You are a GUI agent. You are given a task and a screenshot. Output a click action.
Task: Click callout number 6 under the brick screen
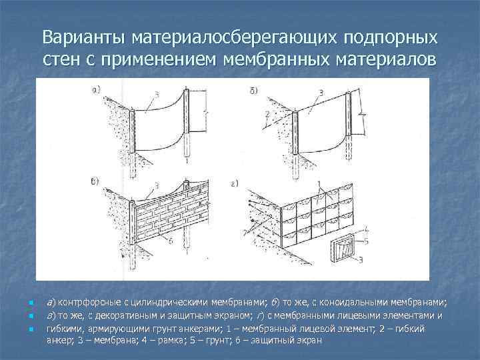[172, 241]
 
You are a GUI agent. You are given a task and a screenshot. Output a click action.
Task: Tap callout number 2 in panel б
[265, 115]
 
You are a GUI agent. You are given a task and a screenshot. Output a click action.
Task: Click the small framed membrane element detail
[344, 250]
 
